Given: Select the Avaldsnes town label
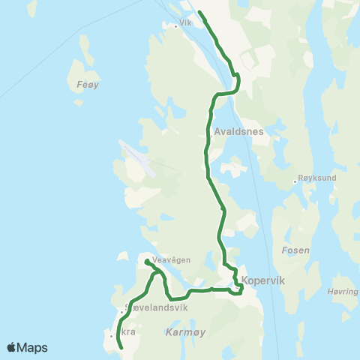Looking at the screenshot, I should [236, 130].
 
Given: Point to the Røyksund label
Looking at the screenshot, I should [315, 180].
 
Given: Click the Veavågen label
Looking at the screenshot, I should [171, 259].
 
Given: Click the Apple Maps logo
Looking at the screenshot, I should [27, 347].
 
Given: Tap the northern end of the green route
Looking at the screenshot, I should [199, 12].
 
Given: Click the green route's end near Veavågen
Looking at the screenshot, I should [146, 261].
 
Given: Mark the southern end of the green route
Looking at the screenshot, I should [121, 348].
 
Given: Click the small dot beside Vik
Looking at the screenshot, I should [175, 26].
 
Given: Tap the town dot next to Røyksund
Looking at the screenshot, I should [295, 181].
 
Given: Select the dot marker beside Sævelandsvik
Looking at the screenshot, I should [121, 312].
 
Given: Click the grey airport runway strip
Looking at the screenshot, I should [139, 158].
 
